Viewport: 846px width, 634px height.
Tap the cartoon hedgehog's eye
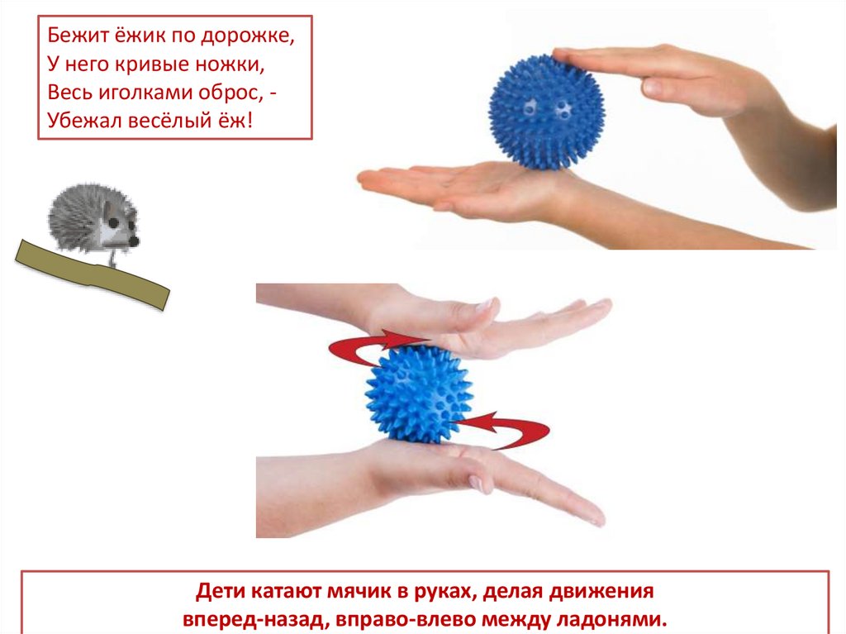pyautogui.click(x=113, y=222)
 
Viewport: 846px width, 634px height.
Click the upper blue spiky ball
pyautogui.click(x=546, y=112)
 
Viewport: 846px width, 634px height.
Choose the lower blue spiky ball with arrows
pyautogui.click(x=419, y=394)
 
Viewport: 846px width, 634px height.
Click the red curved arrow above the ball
pyautogui.click(x=373, y=346)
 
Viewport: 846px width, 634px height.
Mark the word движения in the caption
pyautogui.click(x=601, y=591)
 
